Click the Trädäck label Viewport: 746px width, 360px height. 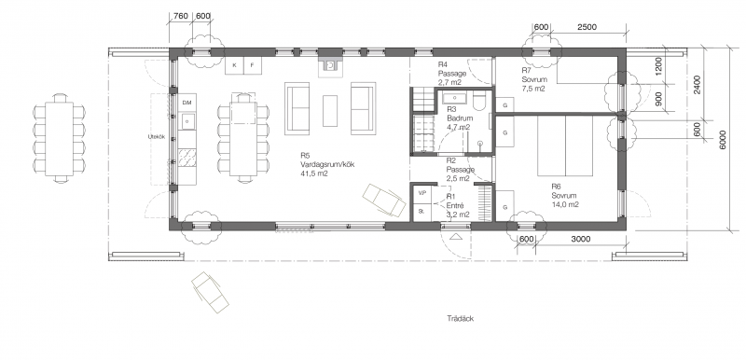coord(460,319)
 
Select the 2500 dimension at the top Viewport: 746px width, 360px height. coord(587,27)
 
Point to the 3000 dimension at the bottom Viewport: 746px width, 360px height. coord(580,239)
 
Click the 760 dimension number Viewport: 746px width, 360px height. coord(180,16)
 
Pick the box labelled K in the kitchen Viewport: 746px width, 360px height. coord(235,65)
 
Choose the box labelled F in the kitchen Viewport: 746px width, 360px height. coord(253,65)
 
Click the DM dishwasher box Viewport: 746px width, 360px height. coord(186,103)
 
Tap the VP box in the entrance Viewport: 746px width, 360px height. coord(421,194)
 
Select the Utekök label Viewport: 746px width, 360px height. coord(157,137)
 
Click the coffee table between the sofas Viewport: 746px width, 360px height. coord(330,111)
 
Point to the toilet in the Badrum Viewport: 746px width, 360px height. coord(479,102)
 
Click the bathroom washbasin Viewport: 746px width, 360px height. coord(455,98)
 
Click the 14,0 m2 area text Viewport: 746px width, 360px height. coord(564,205)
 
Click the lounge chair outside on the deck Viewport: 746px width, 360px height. coord(210,293)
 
